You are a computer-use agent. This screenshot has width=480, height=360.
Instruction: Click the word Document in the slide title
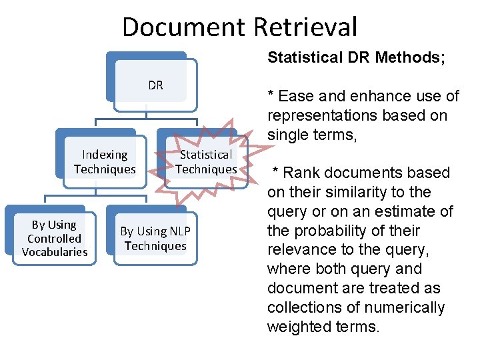(184, 27)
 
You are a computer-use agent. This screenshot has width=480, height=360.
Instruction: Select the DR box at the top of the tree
(155, 85)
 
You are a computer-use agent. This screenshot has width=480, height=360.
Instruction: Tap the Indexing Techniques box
(105, 162)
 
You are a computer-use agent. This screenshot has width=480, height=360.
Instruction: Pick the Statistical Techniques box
(206, 162)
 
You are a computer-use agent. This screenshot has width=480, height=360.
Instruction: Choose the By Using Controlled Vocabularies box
(55, 239)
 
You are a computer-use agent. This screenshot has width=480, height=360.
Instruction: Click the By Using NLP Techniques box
(155, 239)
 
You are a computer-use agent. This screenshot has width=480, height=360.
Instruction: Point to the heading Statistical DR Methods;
(356, 57)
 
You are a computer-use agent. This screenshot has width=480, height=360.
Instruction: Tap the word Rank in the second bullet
(303, 173)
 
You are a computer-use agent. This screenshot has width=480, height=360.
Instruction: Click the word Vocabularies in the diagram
(55, 252)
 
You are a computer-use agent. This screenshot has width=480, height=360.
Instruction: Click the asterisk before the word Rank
(274, 172)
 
